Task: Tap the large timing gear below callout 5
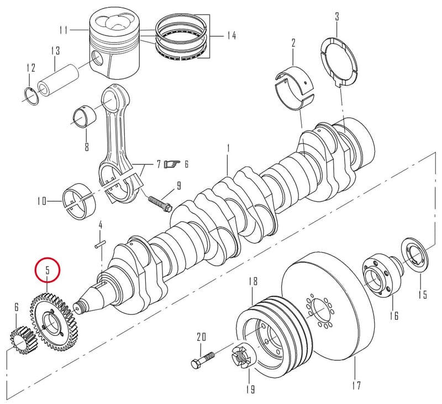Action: pyautogui.click(x=53, y=322)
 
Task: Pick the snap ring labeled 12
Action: pyautogui.click(x=30, y=96)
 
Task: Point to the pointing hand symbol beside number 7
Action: pyautogui.click(x=172, y=164)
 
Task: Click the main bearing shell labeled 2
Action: pyautogui.click(x=295, y=87)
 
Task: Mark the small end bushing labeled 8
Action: pyautogui.click(x=84, y=116)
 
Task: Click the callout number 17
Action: pyautogui.click(x=356, y=385)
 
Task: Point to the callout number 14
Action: pyautogui.click(x=231, y=35)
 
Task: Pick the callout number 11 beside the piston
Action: pyautogui.click(x=64, y=30)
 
